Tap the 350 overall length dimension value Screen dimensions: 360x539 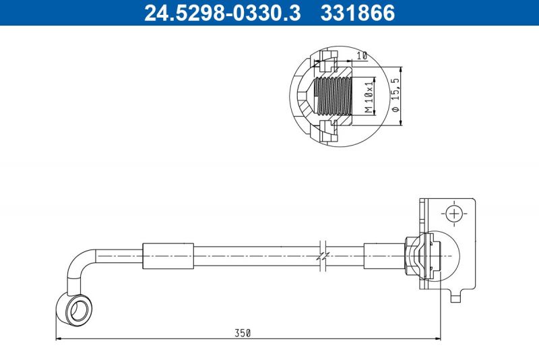coord(243,333)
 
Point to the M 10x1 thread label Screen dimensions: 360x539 coord(369,96)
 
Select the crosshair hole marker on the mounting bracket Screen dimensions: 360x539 coord(455,214)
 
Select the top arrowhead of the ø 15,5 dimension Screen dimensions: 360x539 coord(402,70)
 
